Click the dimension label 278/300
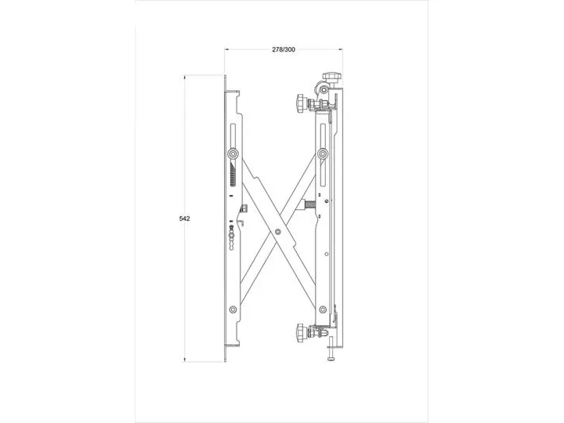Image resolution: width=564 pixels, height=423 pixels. (x=284, y=49)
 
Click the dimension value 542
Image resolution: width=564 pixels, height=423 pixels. (x=185, y=219)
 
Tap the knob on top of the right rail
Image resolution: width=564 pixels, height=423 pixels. (x=331, y=77)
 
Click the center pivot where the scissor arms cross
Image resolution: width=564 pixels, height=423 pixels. (x=277, y=232)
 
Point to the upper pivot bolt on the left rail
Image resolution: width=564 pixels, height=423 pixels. (x=233, y=154)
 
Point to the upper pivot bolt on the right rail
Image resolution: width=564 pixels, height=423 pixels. (x=323, y=154)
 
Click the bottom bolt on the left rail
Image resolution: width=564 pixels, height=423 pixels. (x=233, y=309)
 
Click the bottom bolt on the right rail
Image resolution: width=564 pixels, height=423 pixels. (x=323, y=309)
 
